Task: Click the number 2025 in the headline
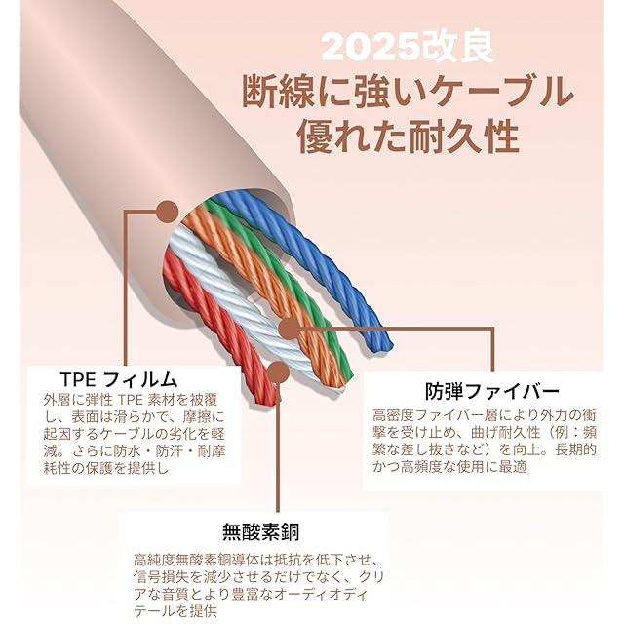pyautogui.click(x=360, y=47)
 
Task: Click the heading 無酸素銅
pyautogui.click(x=260, y=531)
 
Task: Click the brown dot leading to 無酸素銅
pyautogui.click(x=278, y=371)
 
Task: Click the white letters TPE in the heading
pyautogui.click(x=76, y=377)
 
